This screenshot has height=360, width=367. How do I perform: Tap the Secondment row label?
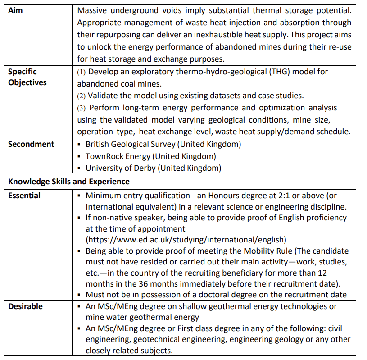tap(31, 144)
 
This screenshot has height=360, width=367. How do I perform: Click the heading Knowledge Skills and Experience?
tap(69, 182)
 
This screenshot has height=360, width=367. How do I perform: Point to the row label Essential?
tap(24, 196)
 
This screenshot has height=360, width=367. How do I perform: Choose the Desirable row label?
tap(26, 306)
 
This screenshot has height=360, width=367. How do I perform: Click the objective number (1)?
tap(81, 72)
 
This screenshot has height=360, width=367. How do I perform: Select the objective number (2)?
tap(81, 96)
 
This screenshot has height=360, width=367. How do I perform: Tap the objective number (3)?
tap(81, 108)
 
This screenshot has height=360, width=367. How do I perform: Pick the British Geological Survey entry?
tap(163, 144)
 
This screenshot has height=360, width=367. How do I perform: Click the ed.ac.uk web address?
tap(186, 239)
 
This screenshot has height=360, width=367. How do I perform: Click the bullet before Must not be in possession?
tap(79, 295)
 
